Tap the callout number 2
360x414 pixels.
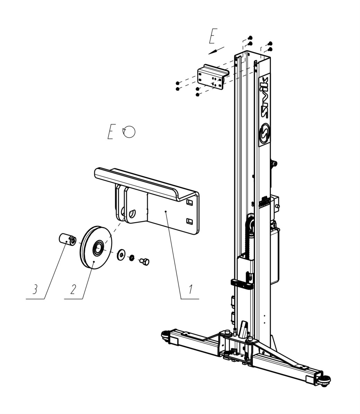point(73,289)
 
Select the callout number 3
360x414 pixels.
point(35,289)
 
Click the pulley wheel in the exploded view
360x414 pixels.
point(95,247)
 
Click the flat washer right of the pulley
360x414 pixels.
point(121,254)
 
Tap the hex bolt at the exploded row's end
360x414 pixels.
point(144,261)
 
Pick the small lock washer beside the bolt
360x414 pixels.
point(132,258)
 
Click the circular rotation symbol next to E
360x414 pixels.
point(129,131)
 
